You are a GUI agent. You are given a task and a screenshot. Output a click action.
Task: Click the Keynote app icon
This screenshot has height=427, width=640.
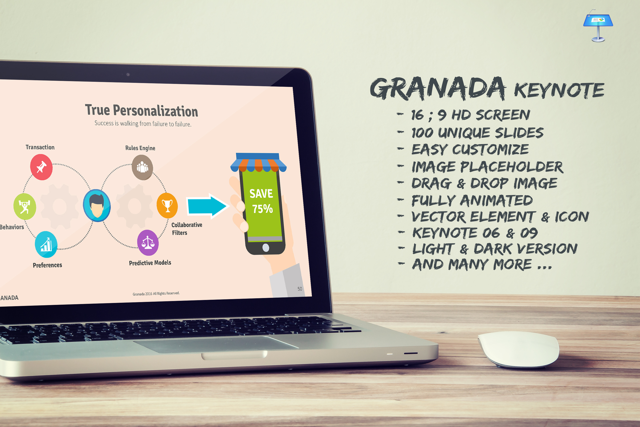(598, 26)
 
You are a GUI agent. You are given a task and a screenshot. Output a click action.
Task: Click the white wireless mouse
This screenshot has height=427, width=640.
(519, 349)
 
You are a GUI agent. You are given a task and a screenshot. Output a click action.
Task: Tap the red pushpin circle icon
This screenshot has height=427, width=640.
(41, 167)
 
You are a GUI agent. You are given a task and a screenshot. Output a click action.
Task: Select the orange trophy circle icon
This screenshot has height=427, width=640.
(167, 206)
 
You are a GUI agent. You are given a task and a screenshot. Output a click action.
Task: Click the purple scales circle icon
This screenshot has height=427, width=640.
(148, 243)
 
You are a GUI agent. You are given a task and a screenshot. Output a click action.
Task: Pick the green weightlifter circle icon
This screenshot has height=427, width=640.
(25, 206)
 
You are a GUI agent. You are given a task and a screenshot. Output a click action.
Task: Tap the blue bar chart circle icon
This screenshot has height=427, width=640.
(46, 244)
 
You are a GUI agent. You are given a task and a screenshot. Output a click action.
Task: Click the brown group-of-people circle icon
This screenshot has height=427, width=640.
(142, 167)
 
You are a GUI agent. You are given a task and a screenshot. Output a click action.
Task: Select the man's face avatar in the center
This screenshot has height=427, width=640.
(97, 206)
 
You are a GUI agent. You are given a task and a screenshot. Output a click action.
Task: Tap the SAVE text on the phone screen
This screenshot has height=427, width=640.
(261, 194)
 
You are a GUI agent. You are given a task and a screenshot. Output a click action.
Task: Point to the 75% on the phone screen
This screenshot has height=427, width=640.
(262, 209)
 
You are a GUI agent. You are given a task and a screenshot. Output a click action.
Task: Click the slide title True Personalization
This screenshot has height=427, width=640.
(141, 110)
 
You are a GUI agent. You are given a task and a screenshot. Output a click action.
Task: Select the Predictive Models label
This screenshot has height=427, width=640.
(150, 263)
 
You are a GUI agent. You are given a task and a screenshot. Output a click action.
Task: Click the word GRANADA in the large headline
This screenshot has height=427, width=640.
(438, 88)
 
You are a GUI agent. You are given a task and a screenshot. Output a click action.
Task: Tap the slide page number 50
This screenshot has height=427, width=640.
(300, 289)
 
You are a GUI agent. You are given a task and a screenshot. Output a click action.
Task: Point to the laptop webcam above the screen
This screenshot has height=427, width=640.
(128, 74)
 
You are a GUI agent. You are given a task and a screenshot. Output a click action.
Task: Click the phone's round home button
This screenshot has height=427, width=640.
(266, 247)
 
